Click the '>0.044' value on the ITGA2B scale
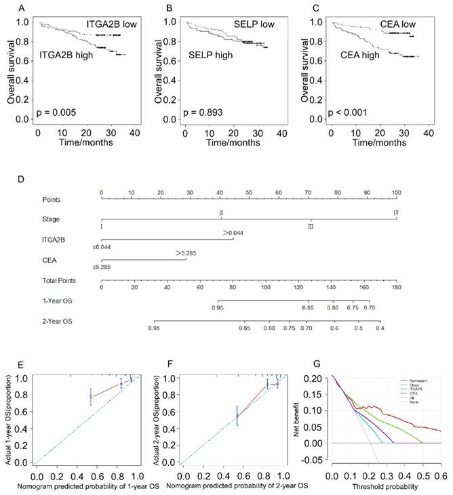click(233, 234)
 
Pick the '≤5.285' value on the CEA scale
click(102, 267)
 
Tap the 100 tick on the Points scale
click(396, 192)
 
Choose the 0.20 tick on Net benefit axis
click(318, 377)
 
